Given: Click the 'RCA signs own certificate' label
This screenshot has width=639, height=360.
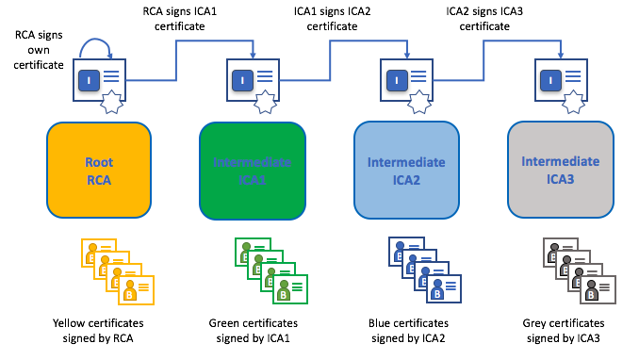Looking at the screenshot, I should (x=39, y=50).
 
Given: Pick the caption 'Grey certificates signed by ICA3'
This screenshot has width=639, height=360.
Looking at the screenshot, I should (x=561, y=329).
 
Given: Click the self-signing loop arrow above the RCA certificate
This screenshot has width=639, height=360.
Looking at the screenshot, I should (x=99, y=45).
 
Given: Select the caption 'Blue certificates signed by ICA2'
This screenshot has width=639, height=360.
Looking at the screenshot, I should (x=406, y=329).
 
